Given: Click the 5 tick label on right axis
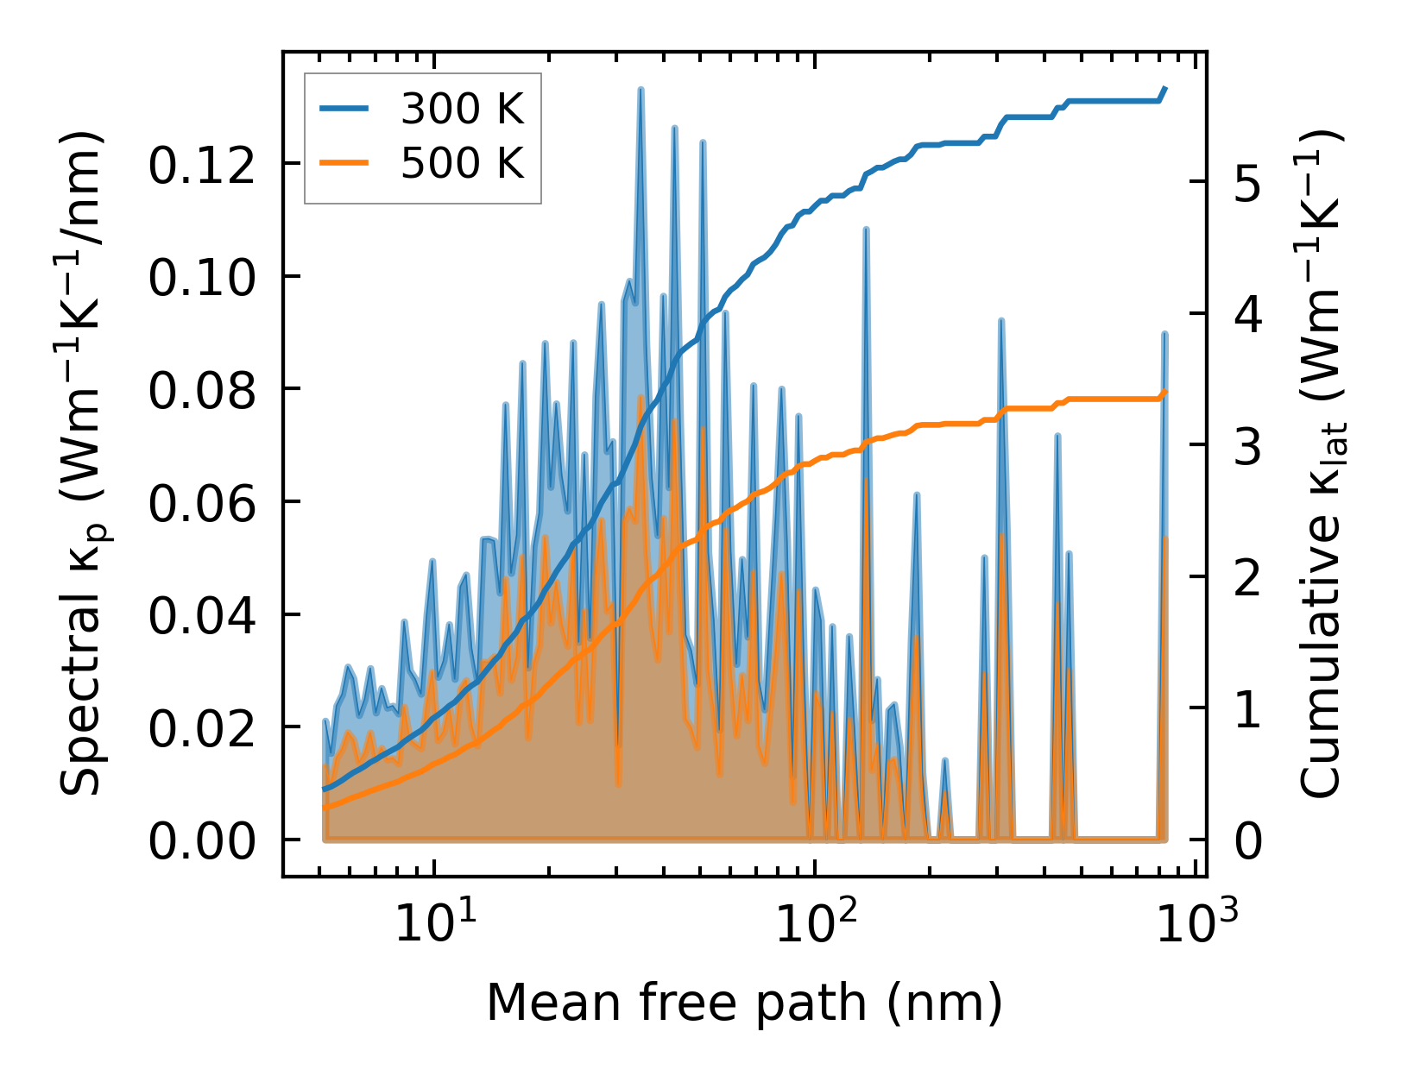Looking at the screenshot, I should [1247, 181].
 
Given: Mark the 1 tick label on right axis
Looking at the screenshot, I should [1247, 709].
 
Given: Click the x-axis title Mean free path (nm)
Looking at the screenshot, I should [744, 1003].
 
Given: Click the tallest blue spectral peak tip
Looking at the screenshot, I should [641, 89].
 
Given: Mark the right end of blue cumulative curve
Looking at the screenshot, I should [1165, 88].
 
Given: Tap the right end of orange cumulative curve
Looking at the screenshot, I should [1165, 392].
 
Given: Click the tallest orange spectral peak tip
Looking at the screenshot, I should [640, 397].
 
